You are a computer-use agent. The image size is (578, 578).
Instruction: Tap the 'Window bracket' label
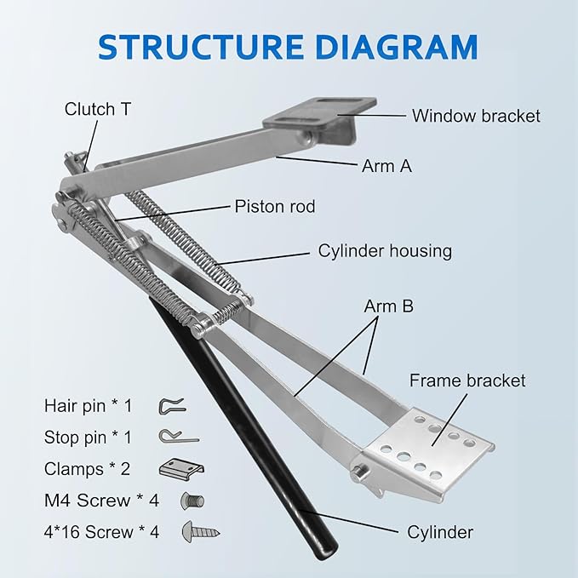click(x=475, y=116)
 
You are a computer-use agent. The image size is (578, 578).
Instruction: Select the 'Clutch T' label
click(x=98, y=109)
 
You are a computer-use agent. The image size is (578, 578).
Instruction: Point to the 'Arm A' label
click(x=387, y=166)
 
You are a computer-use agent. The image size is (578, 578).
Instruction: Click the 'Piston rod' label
click(x=275, y=207)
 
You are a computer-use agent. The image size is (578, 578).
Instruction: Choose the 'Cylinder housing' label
click(x=385, y=251)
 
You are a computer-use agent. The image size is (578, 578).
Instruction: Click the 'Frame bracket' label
click(x=467, y=381)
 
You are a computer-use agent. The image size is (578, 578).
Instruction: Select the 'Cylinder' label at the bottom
click(x=439, y=532)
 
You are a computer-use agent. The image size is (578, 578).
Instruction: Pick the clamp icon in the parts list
click(x=181, y=468)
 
